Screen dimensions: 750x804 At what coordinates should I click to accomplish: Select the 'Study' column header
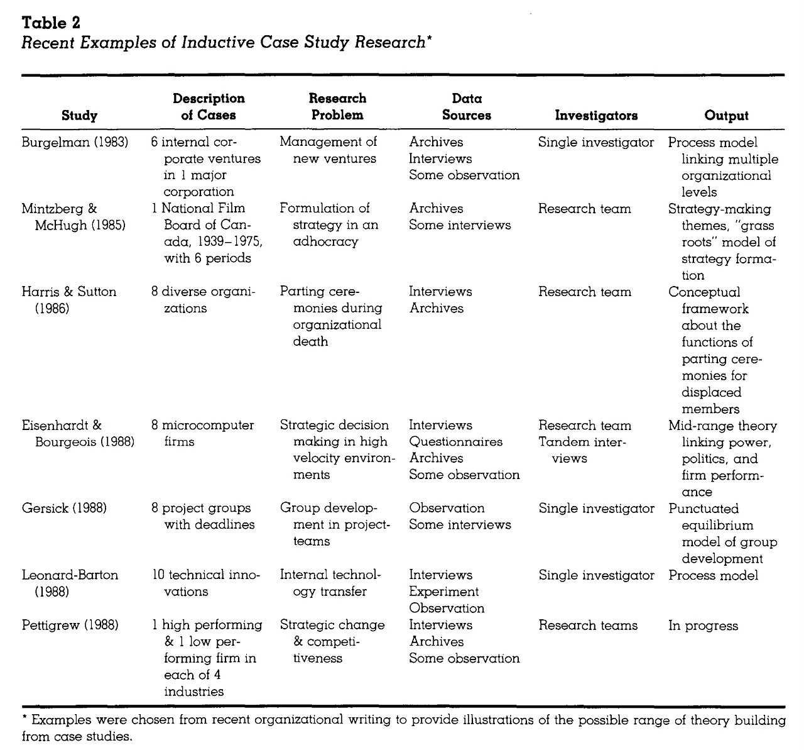pos(80,116)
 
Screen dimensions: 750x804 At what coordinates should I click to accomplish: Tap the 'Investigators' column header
pos(596,116)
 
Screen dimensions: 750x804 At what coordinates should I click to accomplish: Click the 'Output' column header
pos(726,116)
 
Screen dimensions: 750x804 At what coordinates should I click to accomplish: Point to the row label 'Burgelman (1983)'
pos(75,143)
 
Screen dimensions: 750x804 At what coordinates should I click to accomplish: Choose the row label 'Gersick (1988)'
pos(64,509)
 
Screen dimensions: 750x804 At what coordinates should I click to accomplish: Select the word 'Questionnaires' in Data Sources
pos(455,442)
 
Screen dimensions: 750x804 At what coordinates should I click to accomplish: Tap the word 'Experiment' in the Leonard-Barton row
pos(443,592)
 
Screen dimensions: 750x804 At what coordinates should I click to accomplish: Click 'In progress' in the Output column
pos(703,626)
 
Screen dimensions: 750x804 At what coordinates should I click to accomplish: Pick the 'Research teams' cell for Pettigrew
pos(587,626)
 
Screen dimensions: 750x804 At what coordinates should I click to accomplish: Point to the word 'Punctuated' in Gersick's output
pos(703,509)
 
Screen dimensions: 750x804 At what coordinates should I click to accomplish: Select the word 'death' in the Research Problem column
pos(310,342)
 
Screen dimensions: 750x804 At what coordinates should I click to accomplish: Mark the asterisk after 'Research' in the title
pos(428,39)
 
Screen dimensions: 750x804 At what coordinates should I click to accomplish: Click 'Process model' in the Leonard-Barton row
pos(713,575)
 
